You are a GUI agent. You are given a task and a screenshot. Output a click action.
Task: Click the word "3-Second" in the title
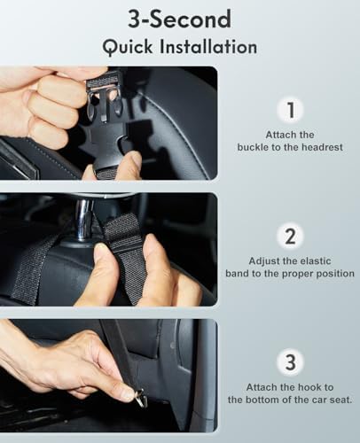[x=179, y=19]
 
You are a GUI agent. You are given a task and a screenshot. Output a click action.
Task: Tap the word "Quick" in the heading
[x=128, y=47]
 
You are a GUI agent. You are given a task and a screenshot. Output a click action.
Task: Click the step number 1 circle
[x=291, y=110]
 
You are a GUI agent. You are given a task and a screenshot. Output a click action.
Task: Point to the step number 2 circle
[x=291, y=237]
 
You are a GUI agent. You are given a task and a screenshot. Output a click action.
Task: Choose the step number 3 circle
[x=291, y=362]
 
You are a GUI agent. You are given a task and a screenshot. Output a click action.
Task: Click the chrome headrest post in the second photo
[x=83, y=220]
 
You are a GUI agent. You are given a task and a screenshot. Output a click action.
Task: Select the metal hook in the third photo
[x=140, y=398]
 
